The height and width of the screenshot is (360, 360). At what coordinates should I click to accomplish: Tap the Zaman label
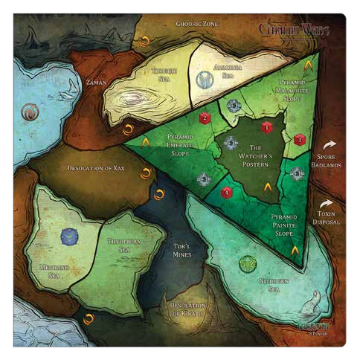[x=97, y=81]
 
